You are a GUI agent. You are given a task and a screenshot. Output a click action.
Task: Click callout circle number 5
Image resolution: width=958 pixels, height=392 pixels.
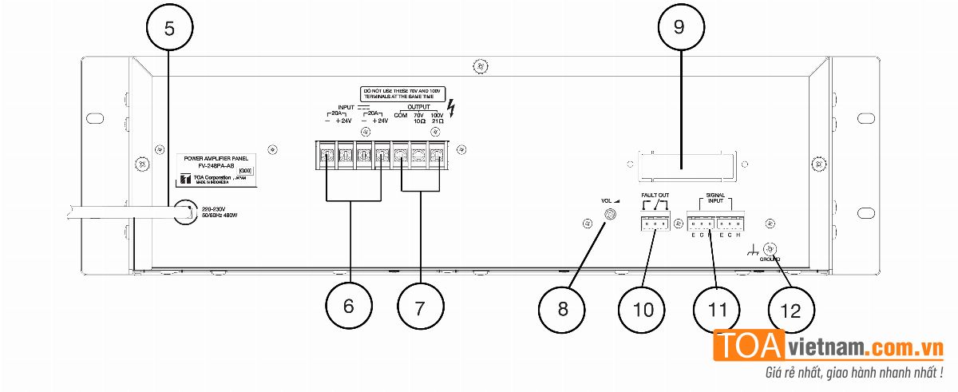pos(169,28)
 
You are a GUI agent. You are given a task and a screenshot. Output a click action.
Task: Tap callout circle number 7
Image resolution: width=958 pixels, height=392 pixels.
pos(421,306)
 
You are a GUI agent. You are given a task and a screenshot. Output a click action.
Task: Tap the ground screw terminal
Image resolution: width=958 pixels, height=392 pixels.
pos(770,248)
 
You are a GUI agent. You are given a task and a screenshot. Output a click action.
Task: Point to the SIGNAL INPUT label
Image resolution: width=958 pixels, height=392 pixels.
pos(715,198)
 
